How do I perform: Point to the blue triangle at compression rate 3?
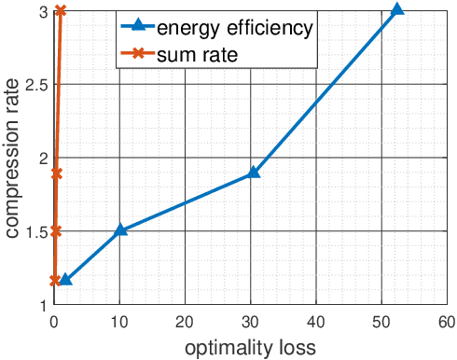coord(397,9)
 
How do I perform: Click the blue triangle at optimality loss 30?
coord(253,173)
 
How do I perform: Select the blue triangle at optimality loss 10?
coord(120,229)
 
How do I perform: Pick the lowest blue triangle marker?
coord(65,280)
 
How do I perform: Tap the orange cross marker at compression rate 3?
coord(61,10)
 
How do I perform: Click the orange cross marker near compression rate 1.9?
coord(57,173)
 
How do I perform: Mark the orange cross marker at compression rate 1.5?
coord(56,230)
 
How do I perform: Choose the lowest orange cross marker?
coord(55,280)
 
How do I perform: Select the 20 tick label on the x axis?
coord(186,321)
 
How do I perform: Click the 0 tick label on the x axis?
coord(55,321)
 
